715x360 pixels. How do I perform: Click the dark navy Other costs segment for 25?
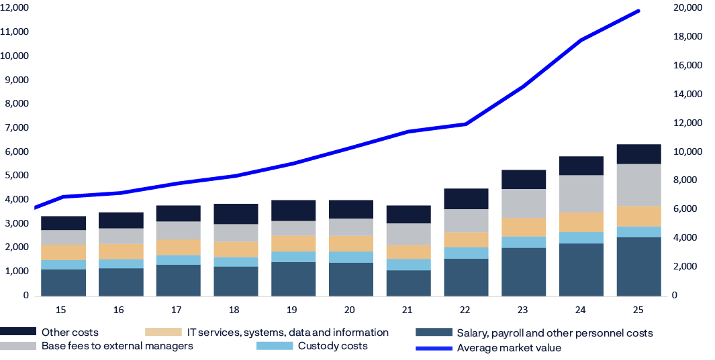638,154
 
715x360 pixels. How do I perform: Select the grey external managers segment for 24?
581,194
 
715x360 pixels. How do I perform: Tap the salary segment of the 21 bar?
408,282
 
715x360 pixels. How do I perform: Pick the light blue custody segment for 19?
293,257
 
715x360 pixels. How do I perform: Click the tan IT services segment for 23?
524,227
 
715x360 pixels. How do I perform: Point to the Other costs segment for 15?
63,223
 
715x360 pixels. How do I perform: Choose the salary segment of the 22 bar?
466,276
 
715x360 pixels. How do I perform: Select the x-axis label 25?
638,310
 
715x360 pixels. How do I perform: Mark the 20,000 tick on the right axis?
687,7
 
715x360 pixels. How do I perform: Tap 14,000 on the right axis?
687,94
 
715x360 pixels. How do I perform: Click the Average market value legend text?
508,348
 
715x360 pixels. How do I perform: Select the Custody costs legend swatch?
275,346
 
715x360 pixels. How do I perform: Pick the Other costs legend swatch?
18,333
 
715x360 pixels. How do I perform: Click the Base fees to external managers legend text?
117,346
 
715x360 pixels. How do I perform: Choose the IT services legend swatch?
163,333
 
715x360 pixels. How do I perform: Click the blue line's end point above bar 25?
638,11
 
